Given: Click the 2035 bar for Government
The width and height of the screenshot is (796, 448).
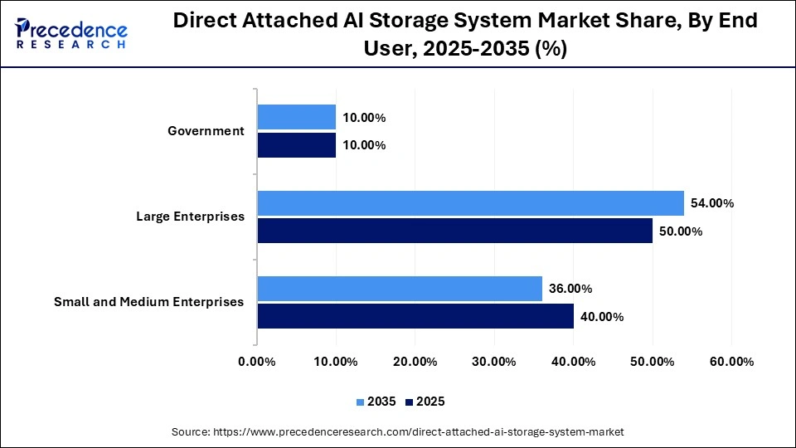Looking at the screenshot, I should pyautogui.click(x=297, y=117).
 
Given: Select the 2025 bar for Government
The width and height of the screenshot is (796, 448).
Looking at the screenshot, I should pyautogui.click(x=297, y=145).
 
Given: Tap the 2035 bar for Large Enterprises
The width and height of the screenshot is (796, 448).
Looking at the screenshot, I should pyautogui.click(x=470, y=203).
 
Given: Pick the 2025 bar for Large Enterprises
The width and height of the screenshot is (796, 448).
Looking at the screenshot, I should pyautogui.click(x=454, y=231).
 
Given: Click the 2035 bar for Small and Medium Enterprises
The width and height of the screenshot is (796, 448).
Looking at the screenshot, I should pyautogui.click(x=400, y=289).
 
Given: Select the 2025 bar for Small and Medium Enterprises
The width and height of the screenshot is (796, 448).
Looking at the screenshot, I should pyautogui.click(x=415, y=316).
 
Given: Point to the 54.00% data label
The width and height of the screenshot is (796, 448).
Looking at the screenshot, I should pyautogui.click(x=711, y=203).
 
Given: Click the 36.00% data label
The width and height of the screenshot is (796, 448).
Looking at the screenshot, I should pyautogui.click(x=570, y=289).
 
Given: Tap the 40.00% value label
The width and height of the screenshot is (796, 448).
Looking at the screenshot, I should pyautogui.click(x=601, y=316).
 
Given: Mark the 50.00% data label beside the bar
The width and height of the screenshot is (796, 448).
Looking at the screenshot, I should pyautogui.click(x=680, y=231).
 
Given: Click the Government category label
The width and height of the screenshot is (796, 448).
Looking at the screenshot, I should pyautogui.click(x=206, y=131).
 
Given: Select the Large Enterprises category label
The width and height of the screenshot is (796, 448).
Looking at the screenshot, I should pyautogui.click(x=190, y=217).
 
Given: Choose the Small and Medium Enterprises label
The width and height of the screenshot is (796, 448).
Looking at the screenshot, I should pyautogui.click(x=149, y=302).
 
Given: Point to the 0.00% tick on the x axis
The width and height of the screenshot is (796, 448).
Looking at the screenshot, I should pyautogui.click(x=257, y=362).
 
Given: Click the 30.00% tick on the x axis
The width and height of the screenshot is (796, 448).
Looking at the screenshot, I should pyautogui.click(x=494, y=362).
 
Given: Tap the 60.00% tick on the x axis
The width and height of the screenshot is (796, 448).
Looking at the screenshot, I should pyautogui.click(x=731, y=362).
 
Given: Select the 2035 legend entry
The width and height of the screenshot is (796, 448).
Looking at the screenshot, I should pyautogui.click(x=376, y=402).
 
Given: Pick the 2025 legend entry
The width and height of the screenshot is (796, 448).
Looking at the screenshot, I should pyautogui.click(x=425, y=402).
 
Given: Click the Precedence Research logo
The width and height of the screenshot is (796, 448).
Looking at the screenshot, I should pyautogui.click(x=70, y=33).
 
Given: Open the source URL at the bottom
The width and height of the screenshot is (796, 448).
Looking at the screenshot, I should pyautogui.click(x=397, y=432).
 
